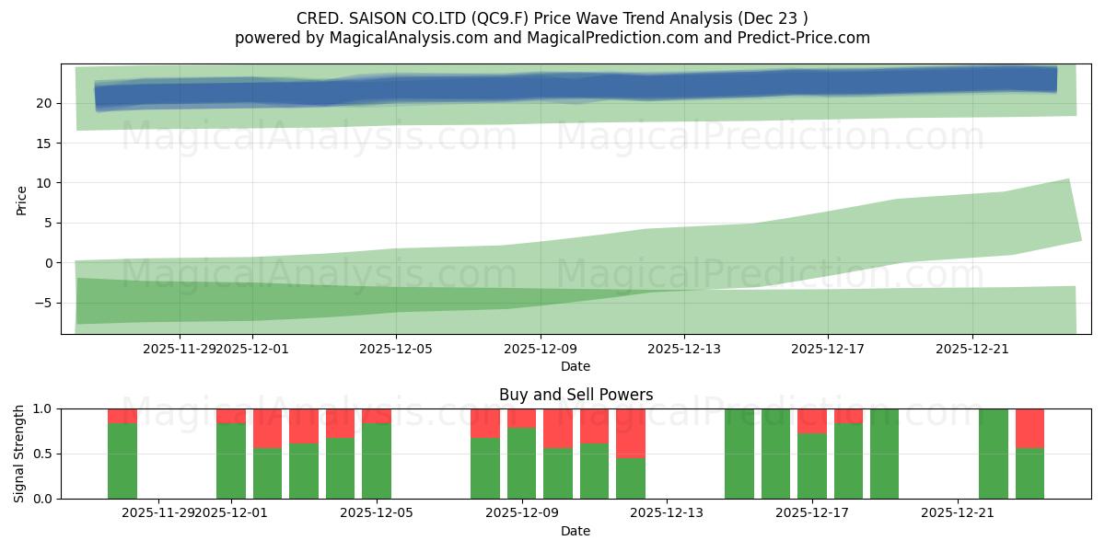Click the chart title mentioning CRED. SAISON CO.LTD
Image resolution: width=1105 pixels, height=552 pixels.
click(552, 18)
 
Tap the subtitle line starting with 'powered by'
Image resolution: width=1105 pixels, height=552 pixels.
click(552, 38)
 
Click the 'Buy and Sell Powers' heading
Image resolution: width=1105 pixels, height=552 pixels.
click(576, 395)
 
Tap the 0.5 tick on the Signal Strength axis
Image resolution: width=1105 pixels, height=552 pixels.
click(42, 454)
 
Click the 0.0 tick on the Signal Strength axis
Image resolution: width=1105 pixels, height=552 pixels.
click(42, 499)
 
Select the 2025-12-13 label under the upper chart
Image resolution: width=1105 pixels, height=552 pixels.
click(683, 349)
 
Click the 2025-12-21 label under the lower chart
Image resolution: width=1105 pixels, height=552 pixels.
click(958, 513)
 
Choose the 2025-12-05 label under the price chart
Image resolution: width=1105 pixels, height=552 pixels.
click(395, 349)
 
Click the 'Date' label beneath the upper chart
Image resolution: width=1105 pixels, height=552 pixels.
click(576, 366)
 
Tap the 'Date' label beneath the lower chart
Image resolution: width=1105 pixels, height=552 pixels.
click(576, 531)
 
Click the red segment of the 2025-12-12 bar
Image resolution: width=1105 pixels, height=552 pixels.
click(631, 432)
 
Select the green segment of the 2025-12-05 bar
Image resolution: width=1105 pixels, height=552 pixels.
click(377, 461)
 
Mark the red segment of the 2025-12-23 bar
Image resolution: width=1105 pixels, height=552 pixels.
click(1029, 428)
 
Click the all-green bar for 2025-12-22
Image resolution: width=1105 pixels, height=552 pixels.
click(994, 454)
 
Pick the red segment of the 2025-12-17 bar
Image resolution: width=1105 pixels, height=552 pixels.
click(812, 420)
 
